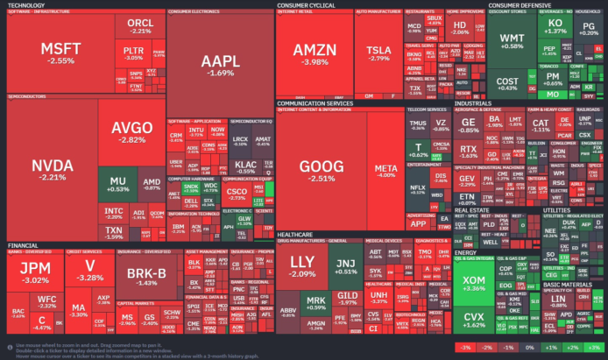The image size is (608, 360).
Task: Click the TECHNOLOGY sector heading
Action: pos(27,4)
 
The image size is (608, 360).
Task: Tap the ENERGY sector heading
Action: pos(464,252)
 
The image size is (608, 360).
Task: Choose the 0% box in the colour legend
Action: pos(529,348)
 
